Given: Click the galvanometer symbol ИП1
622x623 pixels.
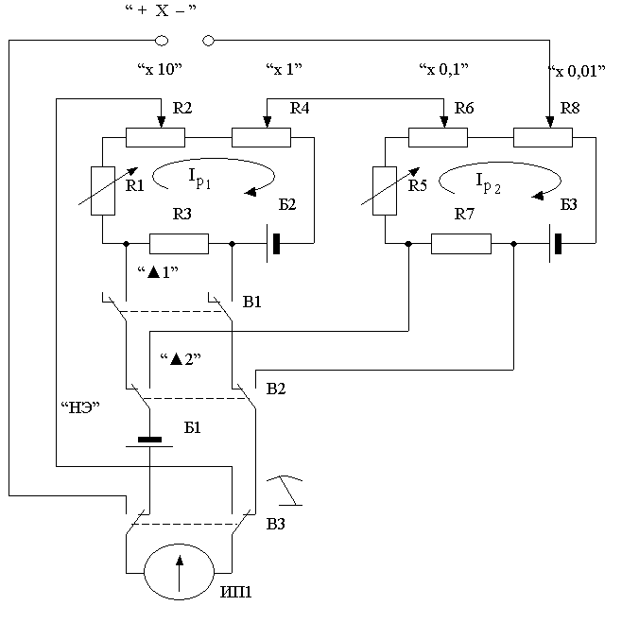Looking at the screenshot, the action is (180, 571).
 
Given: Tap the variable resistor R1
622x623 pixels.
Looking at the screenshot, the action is (103, 191).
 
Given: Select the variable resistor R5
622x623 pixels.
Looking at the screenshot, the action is (385, 191).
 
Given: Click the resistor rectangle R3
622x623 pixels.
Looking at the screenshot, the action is (180, 244).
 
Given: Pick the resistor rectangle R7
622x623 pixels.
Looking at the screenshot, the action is (461, 244).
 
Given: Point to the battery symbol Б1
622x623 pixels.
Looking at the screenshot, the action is (149, 442).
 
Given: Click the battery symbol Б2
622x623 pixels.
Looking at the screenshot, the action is (273, 244).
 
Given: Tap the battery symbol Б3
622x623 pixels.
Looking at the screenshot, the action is (555, 244).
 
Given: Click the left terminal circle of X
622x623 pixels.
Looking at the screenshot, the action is (162, 41).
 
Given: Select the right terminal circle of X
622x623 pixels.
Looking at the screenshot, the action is (209, 41).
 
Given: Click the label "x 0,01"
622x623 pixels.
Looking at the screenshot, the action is (578, 71).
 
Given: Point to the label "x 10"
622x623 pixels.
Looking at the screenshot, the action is (160, 69).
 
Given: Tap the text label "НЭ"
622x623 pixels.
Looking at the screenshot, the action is (80, 407).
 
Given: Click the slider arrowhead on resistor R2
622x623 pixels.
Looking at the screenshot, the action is (161, 122).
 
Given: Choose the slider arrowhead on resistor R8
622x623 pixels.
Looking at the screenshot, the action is (550, 122).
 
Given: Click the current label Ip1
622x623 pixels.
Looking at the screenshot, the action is (199, 178).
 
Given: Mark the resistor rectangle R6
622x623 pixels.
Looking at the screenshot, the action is (438, 137).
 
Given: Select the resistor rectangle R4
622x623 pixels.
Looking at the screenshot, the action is (261, 137).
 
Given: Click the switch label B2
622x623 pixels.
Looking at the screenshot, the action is (276, 389).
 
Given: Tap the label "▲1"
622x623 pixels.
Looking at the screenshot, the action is (158, 272).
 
